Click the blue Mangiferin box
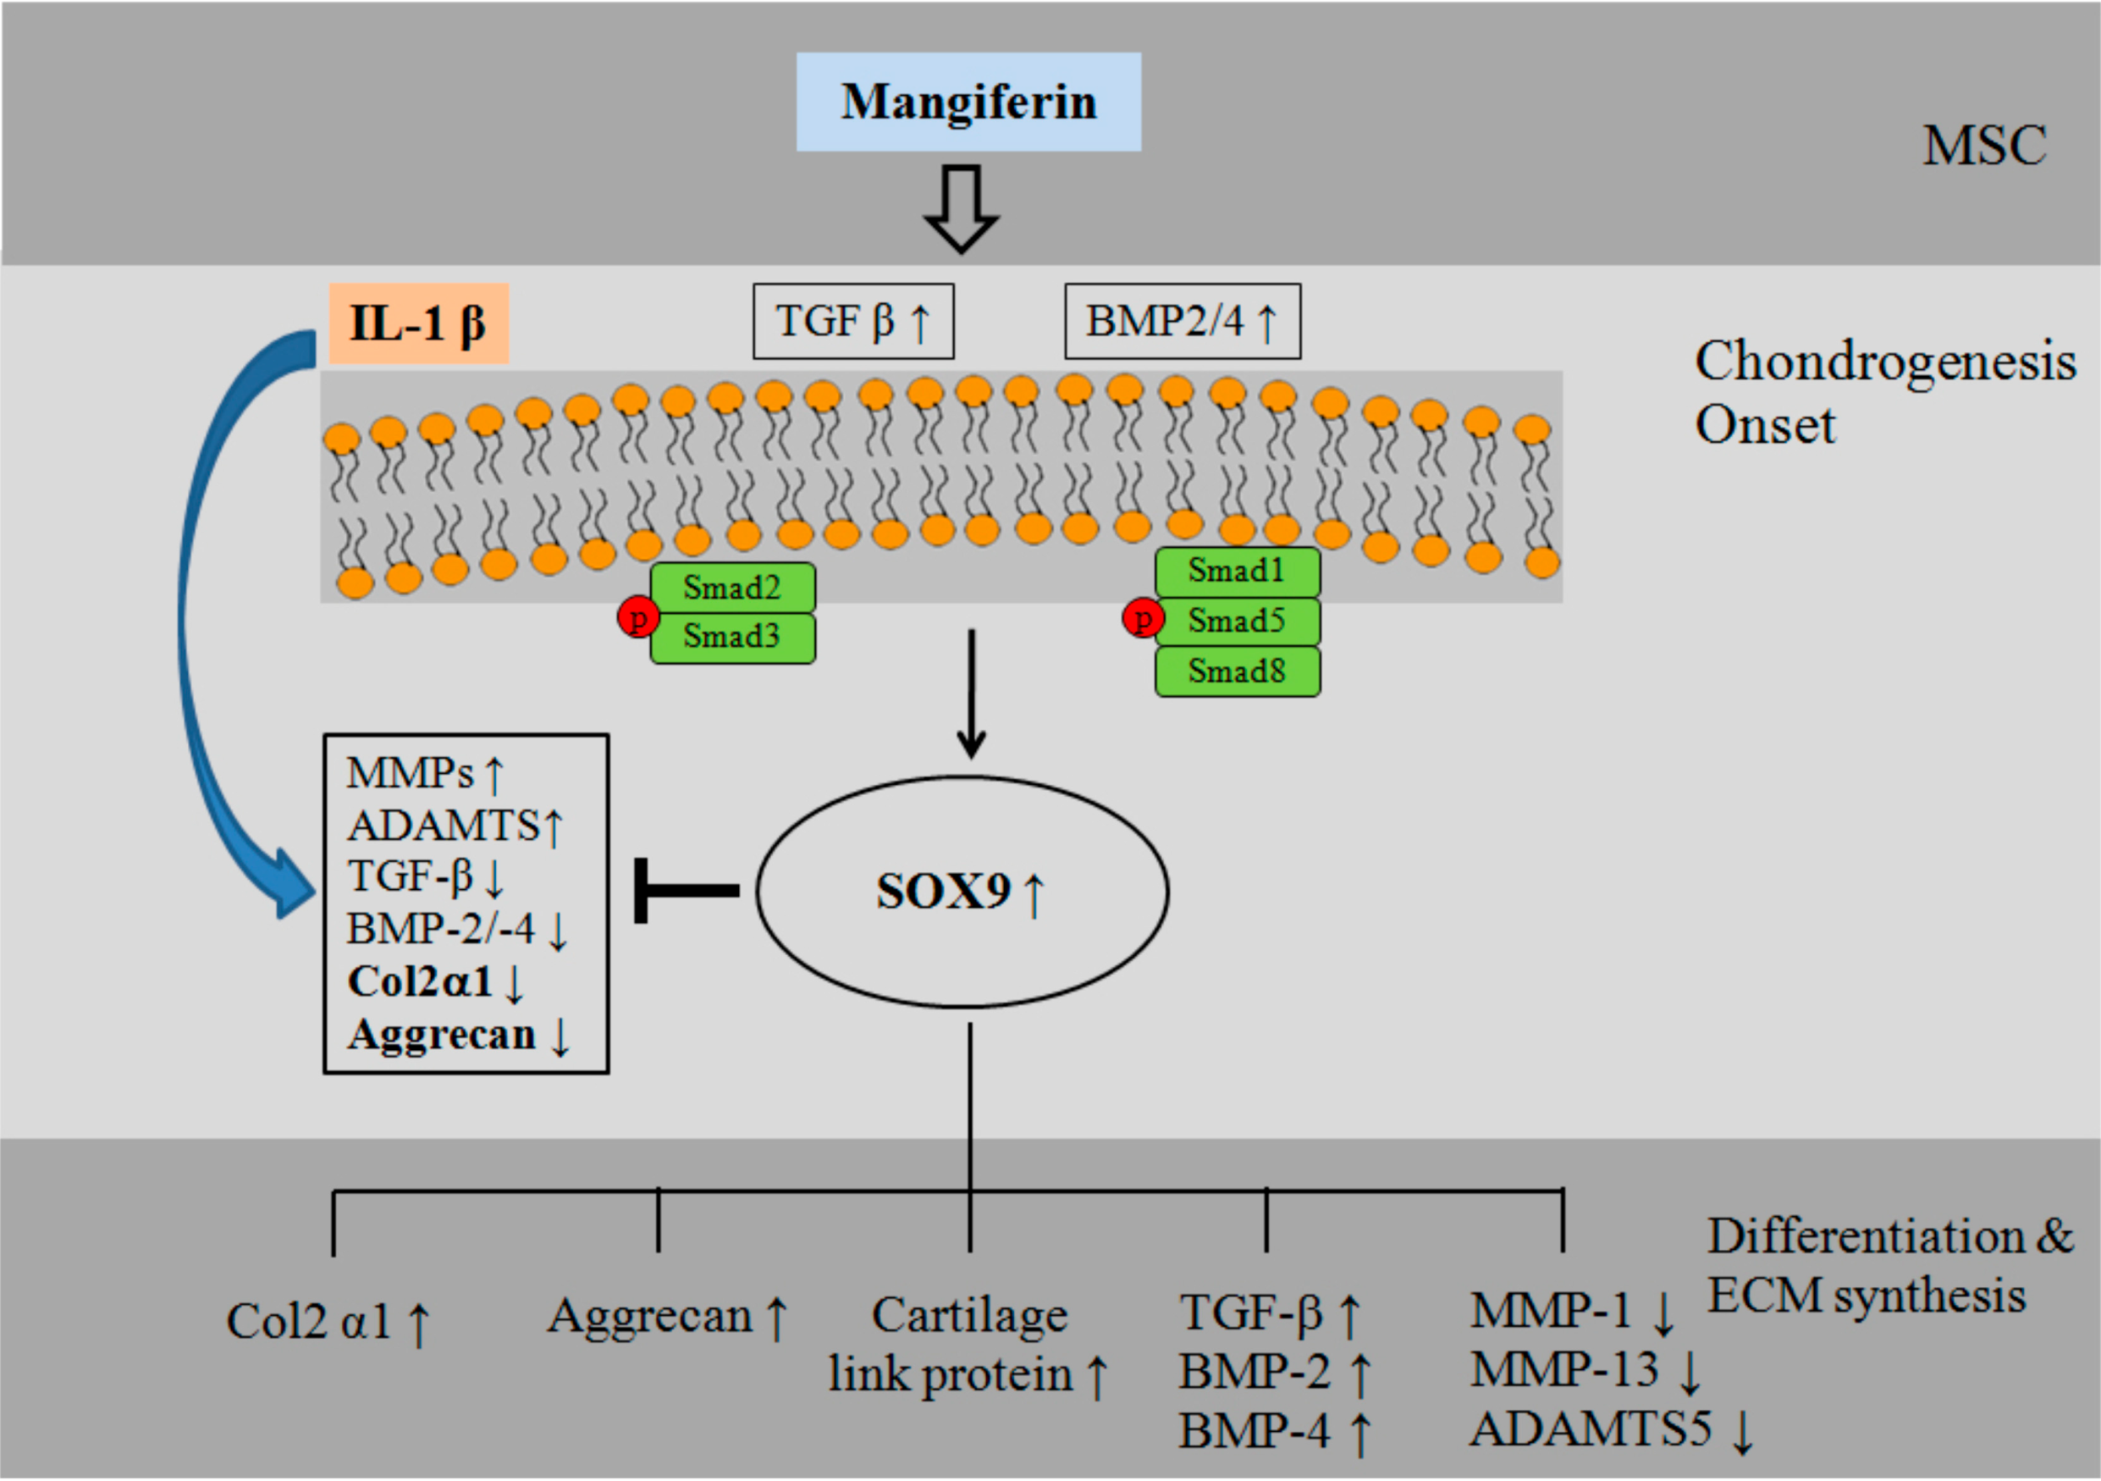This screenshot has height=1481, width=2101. coord(968,102)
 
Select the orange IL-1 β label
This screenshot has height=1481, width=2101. coord(418,323)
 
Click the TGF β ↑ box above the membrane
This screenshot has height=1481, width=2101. coord(853,321)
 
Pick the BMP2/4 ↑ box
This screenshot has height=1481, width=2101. coord(1182,321)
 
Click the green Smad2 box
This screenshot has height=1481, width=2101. coord(732,588)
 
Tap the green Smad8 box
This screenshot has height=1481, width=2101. coord(1238,671)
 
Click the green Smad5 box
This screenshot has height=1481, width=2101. coord(1238,622)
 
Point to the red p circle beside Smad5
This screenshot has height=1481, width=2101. coord(1142,620)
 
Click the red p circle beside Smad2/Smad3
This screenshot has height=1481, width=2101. coord(637,618)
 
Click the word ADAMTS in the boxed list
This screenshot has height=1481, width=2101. coord(444,826)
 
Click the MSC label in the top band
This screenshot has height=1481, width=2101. coord(1984,146)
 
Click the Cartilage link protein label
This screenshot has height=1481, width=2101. coord(968,1345)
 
